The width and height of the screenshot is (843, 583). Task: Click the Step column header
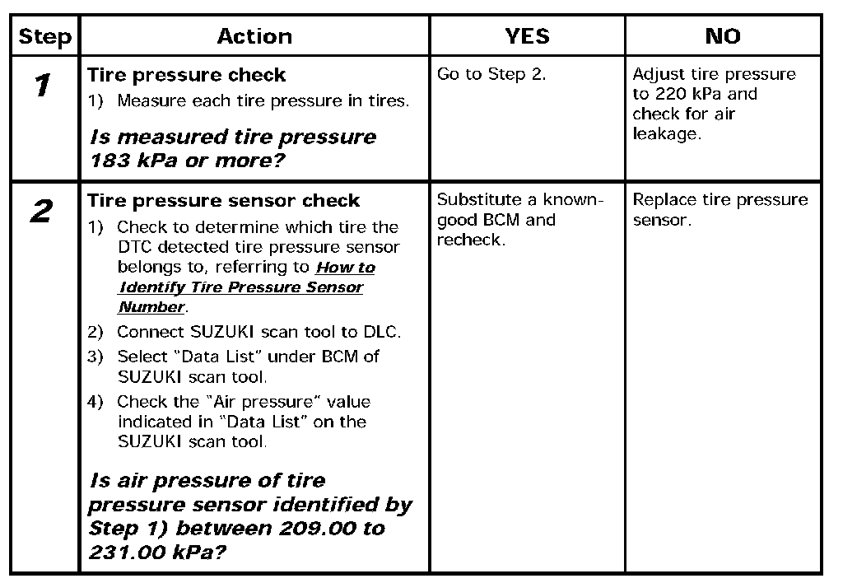pos(45,37)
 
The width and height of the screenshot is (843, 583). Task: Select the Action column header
pos(254,36)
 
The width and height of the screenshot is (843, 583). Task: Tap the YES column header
pos(527,36)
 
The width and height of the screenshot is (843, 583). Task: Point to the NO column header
pos(723,36)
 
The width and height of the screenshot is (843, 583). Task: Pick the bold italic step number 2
pos(42,212)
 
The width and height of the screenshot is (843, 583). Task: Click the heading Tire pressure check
pos(187,75)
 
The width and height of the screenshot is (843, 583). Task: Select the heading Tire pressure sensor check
pos(224,201)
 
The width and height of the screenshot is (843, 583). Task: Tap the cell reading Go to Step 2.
pos(491,75)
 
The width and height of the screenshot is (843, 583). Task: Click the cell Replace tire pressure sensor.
pos(720,210)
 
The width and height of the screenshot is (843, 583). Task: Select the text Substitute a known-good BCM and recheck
pos(520,220)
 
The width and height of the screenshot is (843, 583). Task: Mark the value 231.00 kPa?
pos(157,551)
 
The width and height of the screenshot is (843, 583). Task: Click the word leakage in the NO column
pos(667,133)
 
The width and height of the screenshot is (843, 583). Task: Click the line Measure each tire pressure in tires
pos(263,101)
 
